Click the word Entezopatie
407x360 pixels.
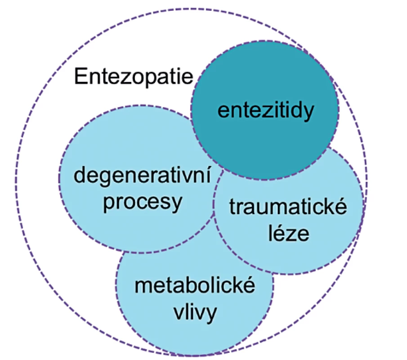134,76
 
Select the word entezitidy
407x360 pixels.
266,111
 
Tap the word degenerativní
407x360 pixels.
142,176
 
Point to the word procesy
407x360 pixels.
143,203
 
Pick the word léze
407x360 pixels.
289,233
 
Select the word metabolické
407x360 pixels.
195,285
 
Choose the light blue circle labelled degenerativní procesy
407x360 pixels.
104,221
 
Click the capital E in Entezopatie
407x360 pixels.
80,76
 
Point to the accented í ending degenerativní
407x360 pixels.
208,176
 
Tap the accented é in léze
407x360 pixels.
281,233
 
